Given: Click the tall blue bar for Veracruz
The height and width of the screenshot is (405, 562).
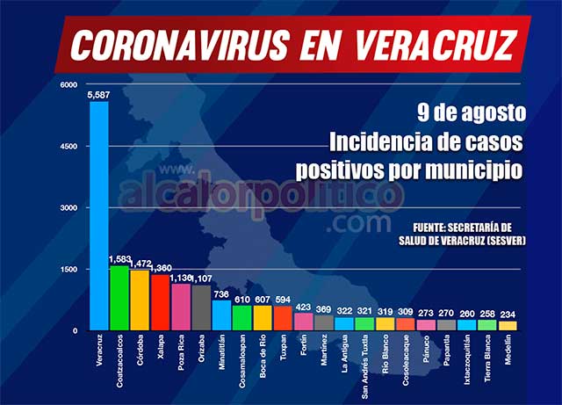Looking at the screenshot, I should pos(98,215).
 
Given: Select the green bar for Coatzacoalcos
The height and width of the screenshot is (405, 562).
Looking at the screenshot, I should pos(119,297).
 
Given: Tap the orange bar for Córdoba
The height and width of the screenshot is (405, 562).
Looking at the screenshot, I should pos(139,300).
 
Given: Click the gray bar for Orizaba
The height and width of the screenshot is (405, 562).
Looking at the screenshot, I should pos(200,307).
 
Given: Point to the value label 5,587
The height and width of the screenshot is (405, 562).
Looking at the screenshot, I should pos(98,94).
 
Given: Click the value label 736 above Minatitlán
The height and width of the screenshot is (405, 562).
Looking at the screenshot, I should pos(221,294).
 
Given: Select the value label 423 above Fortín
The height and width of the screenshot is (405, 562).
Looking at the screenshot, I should pos(303,307).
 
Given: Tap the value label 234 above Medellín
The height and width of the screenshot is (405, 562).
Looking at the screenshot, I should pos(508,315).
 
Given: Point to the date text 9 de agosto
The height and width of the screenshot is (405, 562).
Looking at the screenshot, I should pos(471,113).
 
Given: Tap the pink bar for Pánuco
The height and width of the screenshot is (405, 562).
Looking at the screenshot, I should pos(426,324).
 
